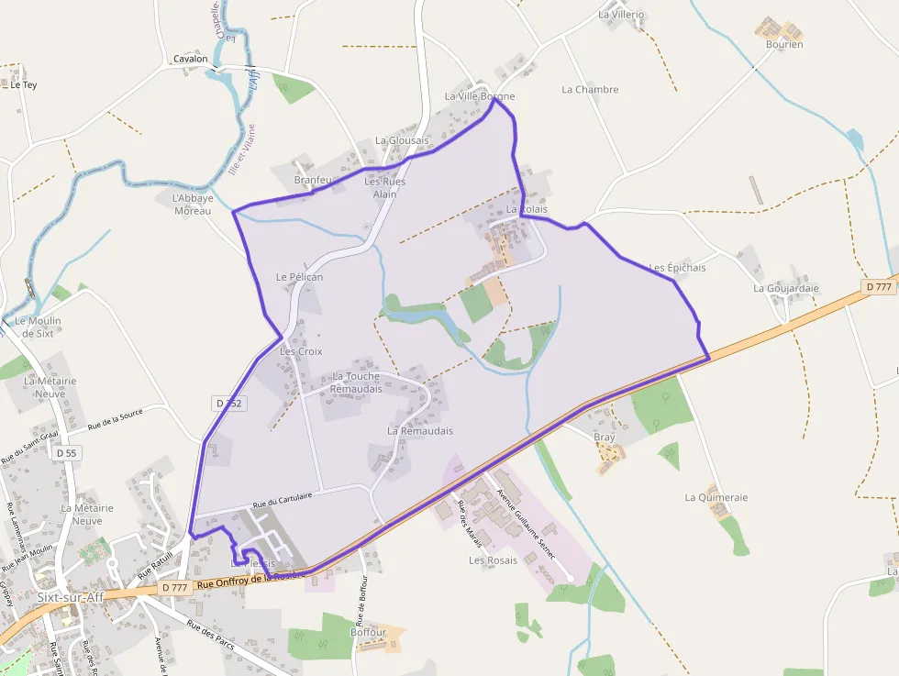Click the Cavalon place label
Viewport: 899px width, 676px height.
pyautogui.click(x=190, y=59)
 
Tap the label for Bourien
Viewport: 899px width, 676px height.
pyautogui.click(x=784, y=44)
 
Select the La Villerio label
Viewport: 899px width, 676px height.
pyautogui.click(x=621, y=15)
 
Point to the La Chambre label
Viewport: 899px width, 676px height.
pyautogui.click(x=590, y=90)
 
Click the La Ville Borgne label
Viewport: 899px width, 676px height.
pyautogui.click(x=479, y=96)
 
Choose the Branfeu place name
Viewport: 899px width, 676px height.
pyautogui.click(x=313, y=180)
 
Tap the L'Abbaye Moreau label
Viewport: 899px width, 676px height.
pyautogui.click(x=193, y=204)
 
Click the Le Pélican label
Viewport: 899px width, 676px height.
pyautogui.click(x=299, y=276)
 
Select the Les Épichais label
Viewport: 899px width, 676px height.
pyautogui.click(x=677, y=268)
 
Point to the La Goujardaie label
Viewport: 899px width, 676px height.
pyautogui.click(x=785, y=288)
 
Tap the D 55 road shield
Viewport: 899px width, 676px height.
pyautogui.click(x=66, y=452)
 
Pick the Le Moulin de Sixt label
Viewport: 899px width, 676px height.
pyautogui.click(x=38, y=327)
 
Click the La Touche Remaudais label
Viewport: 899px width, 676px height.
pyautogui.click(x=355, y=382)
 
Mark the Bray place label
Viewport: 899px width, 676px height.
pyautogui.click(x=605, y=438)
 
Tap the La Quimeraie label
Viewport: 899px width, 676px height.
pyautogui.click(x=716, y=497)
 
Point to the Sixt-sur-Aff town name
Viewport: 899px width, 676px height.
pyautogui.click(x=71, y=596)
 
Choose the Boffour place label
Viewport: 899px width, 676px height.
pyautogui.click(x=368, y=632)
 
